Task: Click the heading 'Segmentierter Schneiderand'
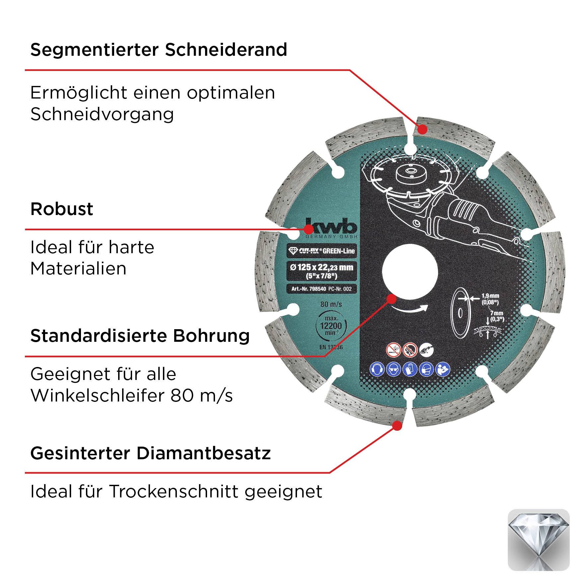click(x=159, y=50)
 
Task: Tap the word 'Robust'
click(x=62, y=209)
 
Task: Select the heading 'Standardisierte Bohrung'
click(x=140, y=336)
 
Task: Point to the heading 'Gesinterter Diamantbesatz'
click(x=150, y=453)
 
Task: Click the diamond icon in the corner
click(x=539, y=540)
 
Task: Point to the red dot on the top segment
click(x=422, y=129)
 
